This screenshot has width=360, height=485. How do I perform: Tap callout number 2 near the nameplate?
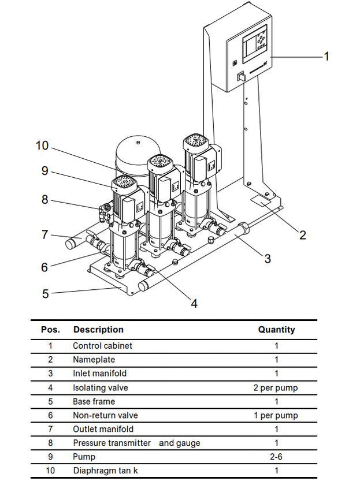302,235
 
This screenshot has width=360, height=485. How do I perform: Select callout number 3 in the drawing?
268,258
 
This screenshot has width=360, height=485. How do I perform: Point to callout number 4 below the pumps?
194,303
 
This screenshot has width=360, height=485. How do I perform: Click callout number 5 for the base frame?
46,294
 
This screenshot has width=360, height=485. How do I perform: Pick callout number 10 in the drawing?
42,145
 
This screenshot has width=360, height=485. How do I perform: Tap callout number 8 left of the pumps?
45,200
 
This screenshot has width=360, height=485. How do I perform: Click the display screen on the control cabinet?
254,48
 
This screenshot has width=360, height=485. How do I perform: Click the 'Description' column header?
98,330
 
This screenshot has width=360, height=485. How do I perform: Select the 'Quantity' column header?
276,330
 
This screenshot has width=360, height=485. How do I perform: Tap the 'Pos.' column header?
50,330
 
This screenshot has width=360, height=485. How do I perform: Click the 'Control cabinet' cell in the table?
102,346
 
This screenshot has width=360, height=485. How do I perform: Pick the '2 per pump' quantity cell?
276,388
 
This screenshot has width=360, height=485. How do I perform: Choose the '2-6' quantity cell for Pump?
276,457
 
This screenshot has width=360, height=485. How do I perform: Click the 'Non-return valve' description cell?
105,416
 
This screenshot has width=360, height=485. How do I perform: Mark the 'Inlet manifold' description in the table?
99,374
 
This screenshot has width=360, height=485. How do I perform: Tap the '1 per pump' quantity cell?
276,416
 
